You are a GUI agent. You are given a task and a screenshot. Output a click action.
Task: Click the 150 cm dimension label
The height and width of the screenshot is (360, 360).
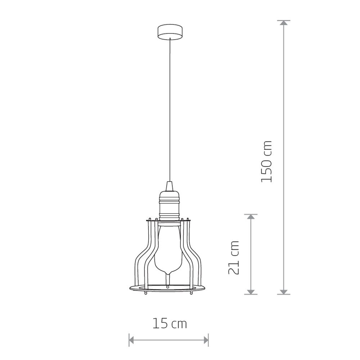tap(266, 162)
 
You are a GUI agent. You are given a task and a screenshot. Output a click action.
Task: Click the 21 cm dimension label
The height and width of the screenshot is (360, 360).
tap(234, 258)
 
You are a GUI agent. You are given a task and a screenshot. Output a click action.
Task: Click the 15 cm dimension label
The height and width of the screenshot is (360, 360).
tap(170, 324)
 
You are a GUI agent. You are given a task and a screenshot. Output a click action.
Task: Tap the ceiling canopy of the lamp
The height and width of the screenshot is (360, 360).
tap(170, 32)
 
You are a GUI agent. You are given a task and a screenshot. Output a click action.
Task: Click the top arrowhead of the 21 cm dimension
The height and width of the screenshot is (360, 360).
tap(251, 216)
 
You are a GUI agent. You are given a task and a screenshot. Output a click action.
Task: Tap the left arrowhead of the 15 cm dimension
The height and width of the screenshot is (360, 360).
tap(131, 340)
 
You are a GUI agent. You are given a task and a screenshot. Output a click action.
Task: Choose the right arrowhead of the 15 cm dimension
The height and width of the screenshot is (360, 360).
tap(206, 340)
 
